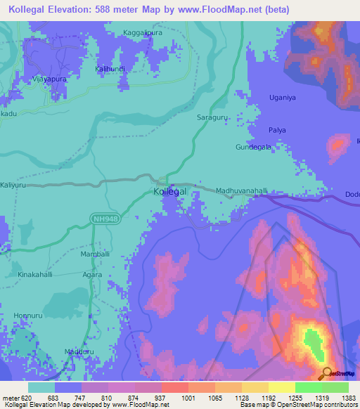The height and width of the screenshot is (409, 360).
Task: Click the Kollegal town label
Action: (x=170, y=192)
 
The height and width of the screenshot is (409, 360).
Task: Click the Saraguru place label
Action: (x=213, y=117)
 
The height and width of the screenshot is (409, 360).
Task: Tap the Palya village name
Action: (x=280, y=130)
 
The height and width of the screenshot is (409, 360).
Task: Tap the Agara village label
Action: (x=93, y=275)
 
